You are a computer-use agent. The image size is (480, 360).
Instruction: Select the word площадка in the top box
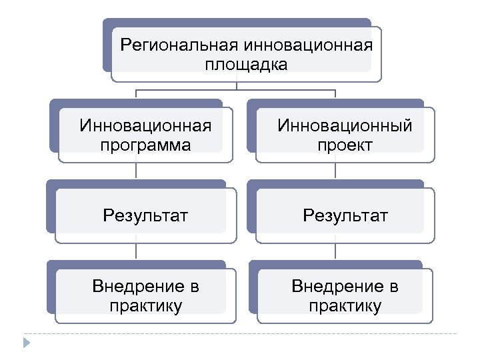247,65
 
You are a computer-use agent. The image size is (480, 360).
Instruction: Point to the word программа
145,145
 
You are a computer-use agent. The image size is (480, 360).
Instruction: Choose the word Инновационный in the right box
345,125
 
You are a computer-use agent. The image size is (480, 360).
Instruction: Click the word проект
345,145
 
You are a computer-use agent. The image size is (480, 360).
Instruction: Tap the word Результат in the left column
145,215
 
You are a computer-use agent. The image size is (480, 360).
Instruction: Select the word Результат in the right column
345,215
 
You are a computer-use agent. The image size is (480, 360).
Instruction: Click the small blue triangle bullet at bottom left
27,343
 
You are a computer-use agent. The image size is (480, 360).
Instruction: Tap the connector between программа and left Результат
137,171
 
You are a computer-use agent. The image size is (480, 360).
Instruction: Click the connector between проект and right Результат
335,171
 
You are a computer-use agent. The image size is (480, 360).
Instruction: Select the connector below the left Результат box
137,251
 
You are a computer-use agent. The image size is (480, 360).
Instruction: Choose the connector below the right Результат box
335,251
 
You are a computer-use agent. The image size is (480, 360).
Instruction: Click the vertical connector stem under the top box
237,85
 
